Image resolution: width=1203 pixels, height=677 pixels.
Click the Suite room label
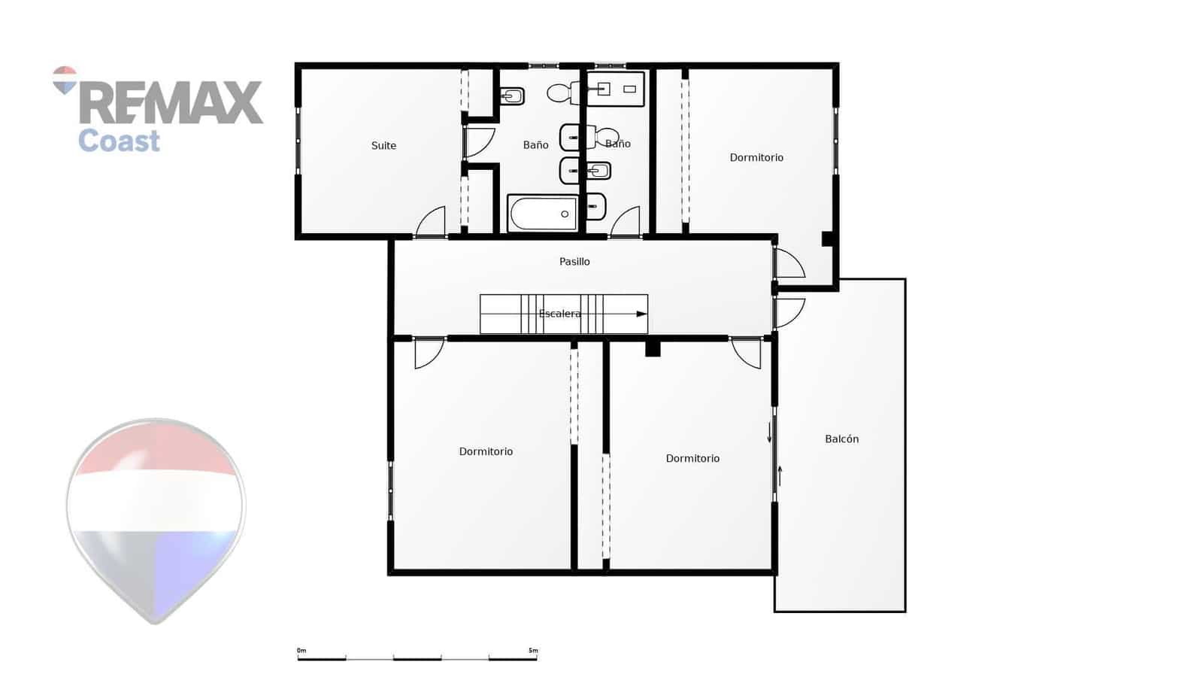point(383,146)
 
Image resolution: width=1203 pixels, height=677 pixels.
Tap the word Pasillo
point(574,262)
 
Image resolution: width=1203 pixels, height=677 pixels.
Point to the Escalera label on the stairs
point(559,314)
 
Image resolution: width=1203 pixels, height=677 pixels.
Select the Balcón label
point(841,439)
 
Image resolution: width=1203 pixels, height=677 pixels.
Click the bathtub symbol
point(543,214)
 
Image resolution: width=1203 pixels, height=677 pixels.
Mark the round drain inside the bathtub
point(565,214)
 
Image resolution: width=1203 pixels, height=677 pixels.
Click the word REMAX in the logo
point(171,103)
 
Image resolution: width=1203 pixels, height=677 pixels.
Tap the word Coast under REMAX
point(119,141)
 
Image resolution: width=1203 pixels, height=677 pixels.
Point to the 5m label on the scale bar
point(533,651)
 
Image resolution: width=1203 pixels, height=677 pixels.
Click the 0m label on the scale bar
point(302,651)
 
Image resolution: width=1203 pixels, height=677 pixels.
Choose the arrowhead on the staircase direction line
point(641,314)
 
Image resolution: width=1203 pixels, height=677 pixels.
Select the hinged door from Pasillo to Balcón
point(789,311)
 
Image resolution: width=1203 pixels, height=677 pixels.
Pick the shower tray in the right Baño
point(616,90)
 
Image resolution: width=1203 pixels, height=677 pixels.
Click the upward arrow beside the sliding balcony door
point(780,475)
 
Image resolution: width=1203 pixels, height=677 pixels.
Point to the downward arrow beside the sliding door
point(769,433)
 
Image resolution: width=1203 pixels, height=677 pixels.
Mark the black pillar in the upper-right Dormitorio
point(827,238)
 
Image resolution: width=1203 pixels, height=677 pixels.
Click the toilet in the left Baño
point(559,93)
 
